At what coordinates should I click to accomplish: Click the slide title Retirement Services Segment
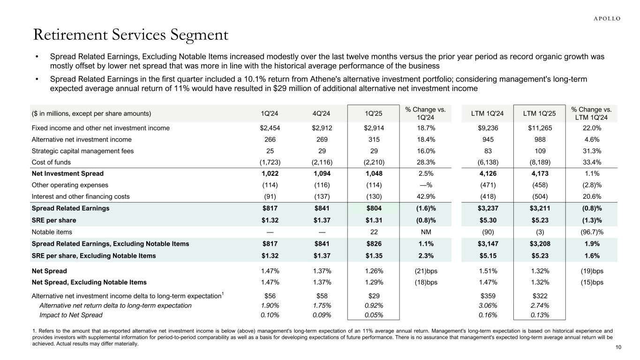[131, 35]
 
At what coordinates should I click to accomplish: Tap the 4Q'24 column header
[321, 113]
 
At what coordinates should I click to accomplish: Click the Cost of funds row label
[52, 162]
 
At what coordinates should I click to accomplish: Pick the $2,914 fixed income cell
[373, 128]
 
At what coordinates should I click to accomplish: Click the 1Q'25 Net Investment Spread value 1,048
[373, 174]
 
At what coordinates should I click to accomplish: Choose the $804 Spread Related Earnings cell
[373, 209]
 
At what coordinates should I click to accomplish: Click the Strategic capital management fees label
[83, 151]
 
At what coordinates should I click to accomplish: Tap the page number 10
[618, 347]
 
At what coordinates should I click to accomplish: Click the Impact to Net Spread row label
[71, 315]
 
